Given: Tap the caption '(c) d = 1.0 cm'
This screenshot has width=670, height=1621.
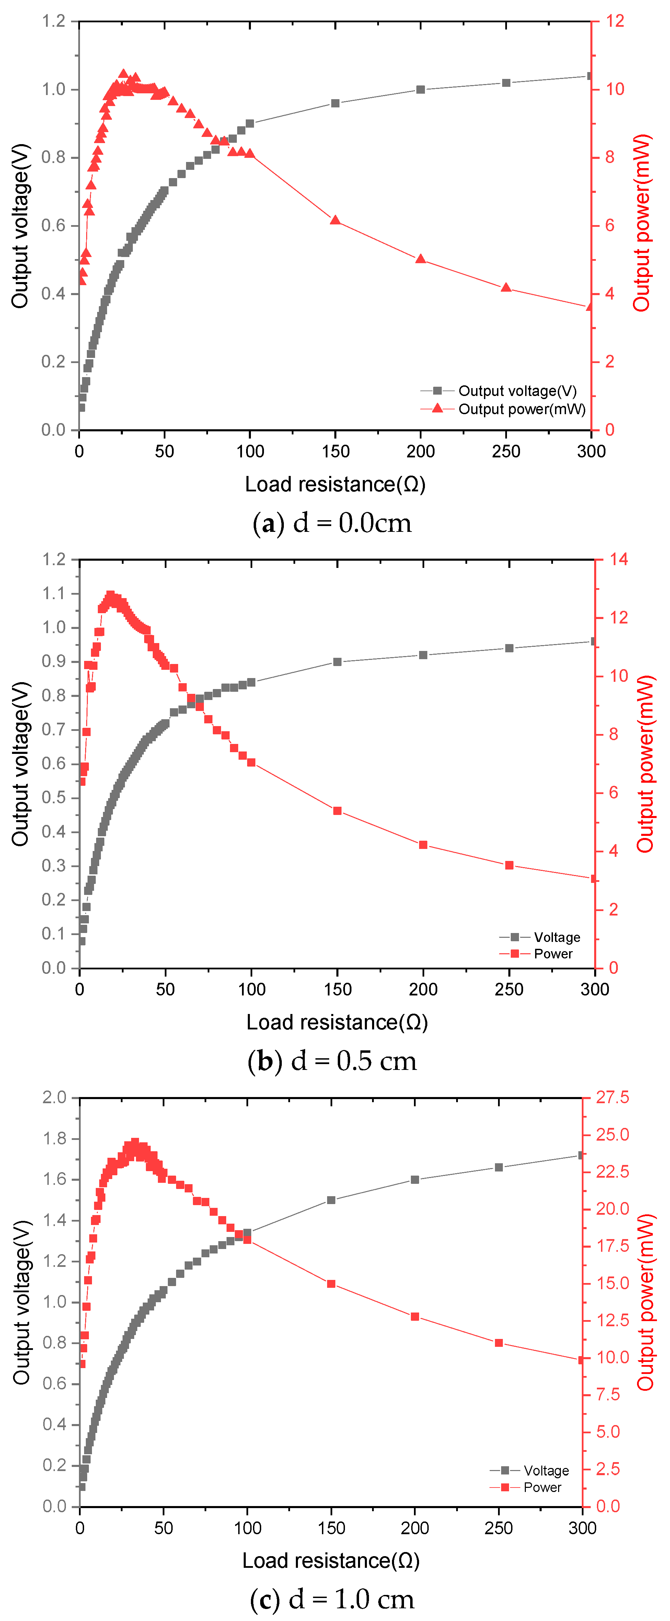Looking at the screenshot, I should pos(332,1598).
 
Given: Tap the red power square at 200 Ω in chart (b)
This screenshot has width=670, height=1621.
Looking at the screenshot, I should pos(423,844).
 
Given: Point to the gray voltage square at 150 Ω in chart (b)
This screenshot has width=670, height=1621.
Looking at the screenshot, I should pos(337,662).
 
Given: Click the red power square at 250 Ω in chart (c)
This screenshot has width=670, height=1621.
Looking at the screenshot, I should pos(499,1343).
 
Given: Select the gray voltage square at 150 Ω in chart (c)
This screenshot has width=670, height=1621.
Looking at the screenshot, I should pos(331,1200).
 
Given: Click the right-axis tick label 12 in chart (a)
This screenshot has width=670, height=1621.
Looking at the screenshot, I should pos(615,21).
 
